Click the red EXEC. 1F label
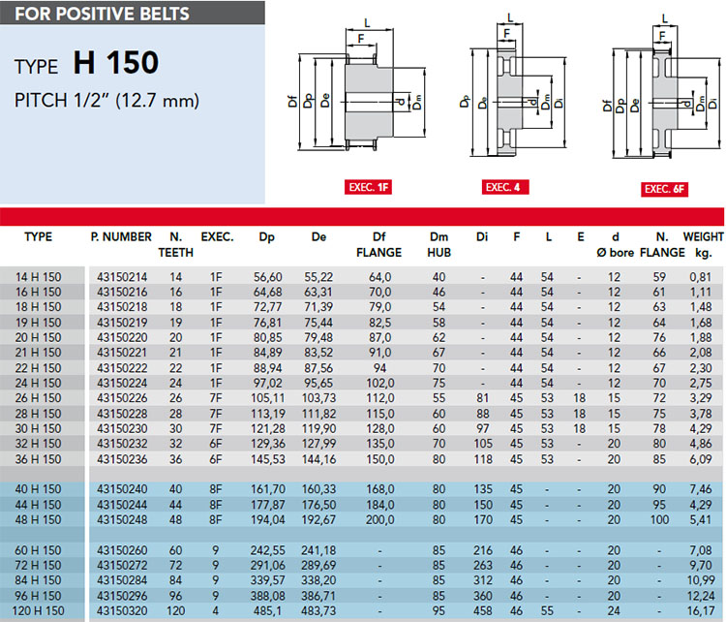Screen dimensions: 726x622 (x=368, y=187)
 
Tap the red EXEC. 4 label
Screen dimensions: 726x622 (x=504, y=187)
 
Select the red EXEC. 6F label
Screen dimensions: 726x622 (x=664, y=189)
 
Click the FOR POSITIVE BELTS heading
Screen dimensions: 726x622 (x=103, y=14)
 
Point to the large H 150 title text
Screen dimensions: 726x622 (x=116, y=63)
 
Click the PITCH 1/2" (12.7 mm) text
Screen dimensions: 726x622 (x=106, y=100)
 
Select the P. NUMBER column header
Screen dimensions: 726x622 (x=121, y=236)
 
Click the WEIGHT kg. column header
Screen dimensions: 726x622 (x=703, y=245)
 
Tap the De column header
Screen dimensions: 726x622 (x=318, y=236)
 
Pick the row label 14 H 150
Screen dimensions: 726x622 (x=38, y=277)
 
